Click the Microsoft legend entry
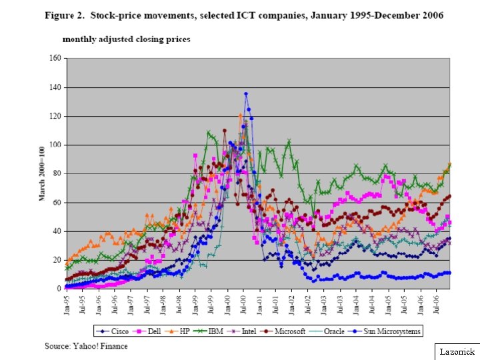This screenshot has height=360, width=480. (284, 331)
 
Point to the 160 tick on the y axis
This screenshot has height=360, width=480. (55, 58)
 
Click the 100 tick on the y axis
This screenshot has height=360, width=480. (55, 145)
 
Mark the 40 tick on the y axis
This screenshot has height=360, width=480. (57, 231)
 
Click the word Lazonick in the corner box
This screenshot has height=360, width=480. (457, 351)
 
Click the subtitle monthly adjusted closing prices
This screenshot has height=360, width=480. (126, 39)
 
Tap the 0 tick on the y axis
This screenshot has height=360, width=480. (59, 289)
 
